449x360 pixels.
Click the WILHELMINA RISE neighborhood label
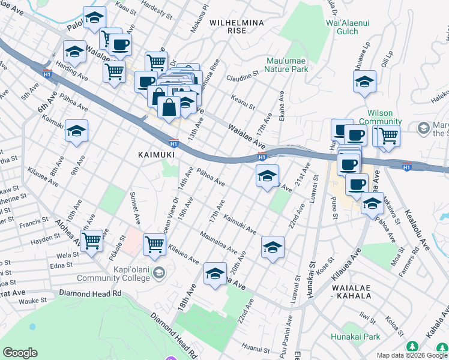237,27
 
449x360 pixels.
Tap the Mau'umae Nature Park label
288,65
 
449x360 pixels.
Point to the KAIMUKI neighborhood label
156,154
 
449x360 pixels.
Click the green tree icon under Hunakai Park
412,347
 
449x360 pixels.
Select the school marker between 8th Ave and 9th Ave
77,131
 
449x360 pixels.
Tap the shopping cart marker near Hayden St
92,241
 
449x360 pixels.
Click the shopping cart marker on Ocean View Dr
155,244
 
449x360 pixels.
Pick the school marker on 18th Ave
215,274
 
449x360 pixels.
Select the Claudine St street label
243,77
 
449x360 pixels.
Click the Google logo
20,353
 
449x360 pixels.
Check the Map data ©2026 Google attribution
412,355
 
